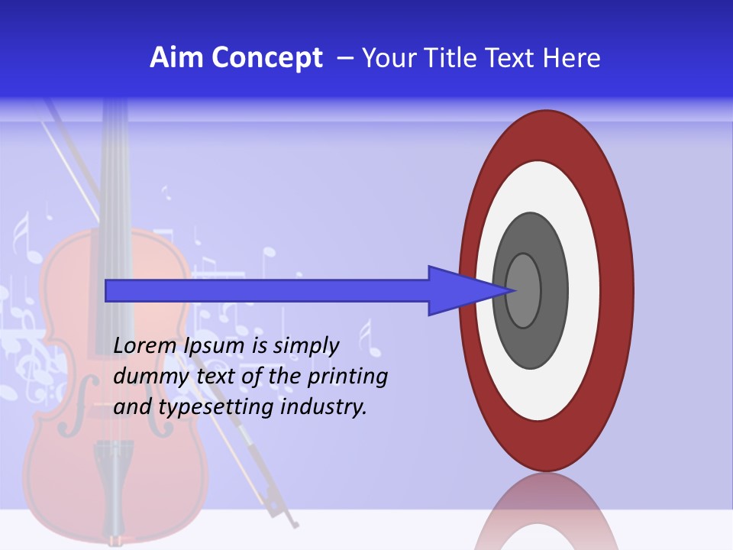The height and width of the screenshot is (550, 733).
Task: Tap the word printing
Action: [x=347, y=377]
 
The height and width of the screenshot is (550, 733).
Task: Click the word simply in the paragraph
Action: [x=305, y=346]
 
